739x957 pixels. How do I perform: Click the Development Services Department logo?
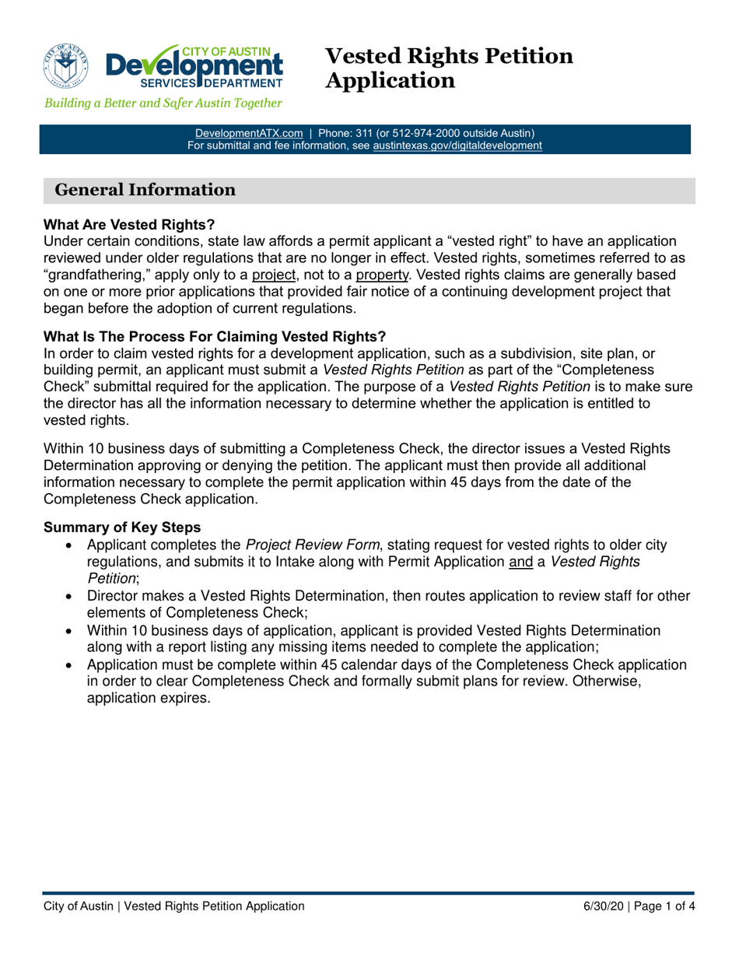click(194, 65)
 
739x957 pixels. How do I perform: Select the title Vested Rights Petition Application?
click(449, 68)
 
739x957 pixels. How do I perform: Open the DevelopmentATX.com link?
click(248, 133)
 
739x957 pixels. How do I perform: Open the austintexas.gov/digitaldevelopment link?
click(457, 145)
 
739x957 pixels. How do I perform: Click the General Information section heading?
click(144, 190)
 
